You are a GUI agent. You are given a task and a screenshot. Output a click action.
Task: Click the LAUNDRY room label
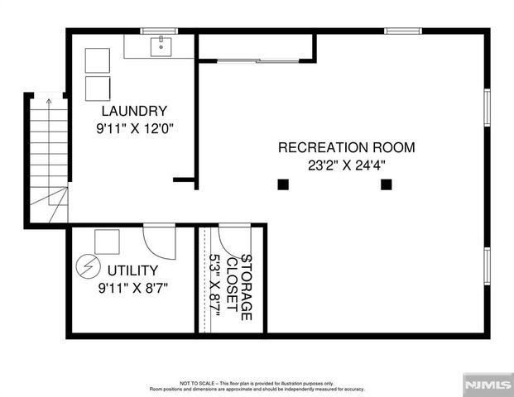[134, 111]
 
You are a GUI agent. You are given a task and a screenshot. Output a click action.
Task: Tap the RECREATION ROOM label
[346, 147]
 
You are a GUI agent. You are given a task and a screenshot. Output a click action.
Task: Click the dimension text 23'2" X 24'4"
[346, 165]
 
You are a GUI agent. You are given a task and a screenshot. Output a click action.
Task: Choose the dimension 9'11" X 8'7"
[132, 288]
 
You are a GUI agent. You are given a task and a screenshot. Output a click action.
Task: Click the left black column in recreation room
[283, 184]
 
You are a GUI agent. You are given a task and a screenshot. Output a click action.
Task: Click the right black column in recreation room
[386, 184]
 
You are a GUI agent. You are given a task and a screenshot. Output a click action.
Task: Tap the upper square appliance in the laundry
[98, 60]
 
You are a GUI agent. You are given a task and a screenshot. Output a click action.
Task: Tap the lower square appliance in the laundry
[98, 88]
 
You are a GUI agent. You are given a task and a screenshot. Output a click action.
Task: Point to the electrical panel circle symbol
[85, 266]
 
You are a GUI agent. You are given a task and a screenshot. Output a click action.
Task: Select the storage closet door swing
[233, 237]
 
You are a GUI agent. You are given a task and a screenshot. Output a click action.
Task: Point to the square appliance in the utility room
[106, 241]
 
